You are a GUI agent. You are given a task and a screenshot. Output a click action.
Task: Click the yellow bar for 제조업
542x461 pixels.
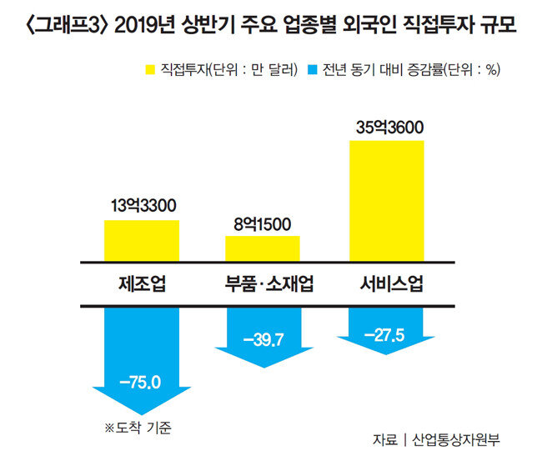coord(142,240)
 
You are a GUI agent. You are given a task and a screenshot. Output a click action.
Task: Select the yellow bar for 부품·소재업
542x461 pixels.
coord(262,248)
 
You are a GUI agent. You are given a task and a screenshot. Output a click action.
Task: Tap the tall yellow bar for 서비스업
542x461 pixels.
coord(386,200)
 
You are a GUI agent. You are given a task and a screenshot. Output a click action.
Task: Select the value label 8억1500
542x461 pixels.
coord(263,223)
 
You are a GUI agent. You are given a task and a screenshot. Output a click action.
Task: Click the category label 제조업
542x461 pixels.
coord(142,283)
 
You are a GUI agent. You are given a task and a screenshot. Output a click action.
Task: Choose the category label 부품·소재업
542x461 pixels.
coord(263,283)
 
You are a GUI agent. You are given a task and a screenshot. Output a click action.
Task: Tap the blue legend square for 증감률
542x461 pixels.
coord(314,68)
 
